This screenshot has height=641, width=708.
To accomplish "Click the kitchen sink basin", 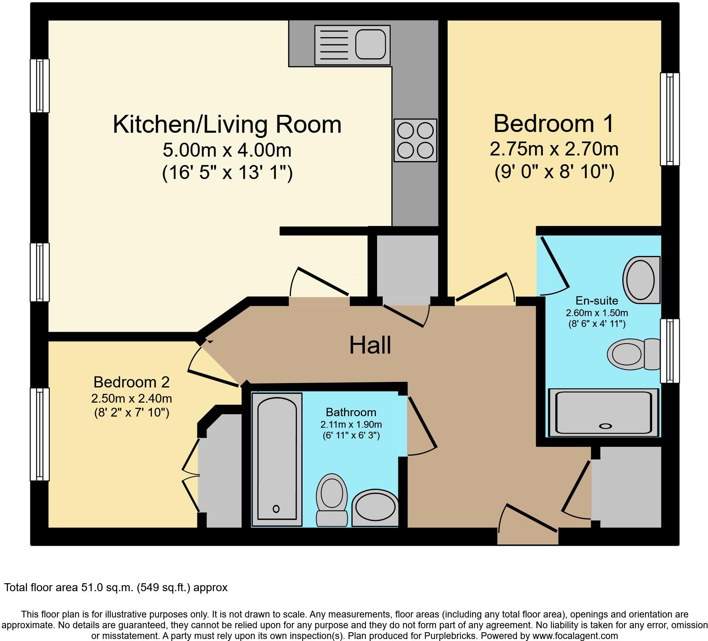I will pyautogui.click(x=370, y=45).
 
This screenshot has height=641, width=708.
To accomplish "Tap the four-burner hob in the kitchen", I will pyautogui.click(x=415, y=140).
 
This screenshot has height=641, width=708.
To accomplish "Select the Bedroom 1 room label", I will pyautogui.click(x=553, y=124).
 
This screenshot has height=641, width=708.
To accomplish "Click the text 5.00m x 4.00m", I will pyautogui.click(x=227, y=150).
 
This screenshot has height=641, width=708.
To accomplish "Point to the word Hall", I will pyautogui.click(x=370, y=345).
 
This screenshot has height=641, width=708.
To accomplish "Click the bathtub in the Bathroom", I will pyautogui.click(x=277, y=458).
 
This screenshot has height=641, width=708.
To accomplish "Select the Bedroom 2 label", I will pyautogui.click(x=131, y=382).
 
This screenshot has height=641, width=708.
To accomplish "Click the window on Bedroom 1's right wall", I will pyautogui.click(x=670, y=119).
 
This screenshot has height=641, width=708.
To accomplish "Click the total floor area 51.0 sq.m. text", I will pyautogui.click(x=116, y=587).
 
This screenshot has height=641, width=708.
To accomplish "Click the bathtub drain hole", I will pyautogui.click(x=276, y=509).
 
